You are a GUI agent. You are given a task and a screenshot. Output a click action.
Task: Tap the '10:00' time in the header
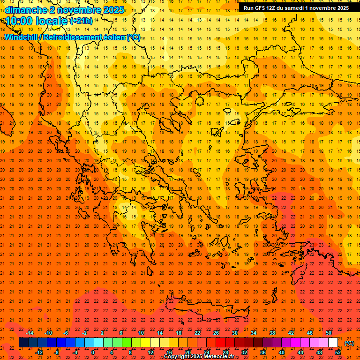click(20, 21)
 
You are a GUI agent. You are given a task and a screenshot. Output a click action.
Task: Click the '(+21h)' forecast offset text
click(81, 21)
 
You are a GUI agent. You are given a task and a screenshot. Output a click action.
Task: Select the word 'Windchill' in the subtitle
click(21, 37)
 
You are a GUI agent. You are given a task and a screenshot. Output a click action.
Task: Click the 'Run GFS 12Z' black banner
click(296, 8)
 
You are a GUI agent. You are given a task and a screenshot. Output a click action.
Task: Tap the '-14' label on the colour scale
click(30, 333)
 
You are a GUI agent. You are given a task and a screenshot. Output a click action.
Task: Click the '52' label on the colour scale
click(338, 352)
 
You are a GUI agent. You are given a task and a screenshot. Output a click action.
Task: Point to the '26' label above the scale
click(216, 333)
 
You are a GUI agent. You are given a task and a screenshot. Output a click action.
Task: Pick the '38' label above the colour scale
click(272, 333)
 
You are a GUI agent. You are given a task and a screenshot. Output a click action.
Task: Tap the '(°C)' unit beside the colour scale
click(349, 343)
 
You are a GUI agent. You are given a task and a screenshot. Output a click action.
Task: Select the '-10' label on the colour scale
click(48, 333)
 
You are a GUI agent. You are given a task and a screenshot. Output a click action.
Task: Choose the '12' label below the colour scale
click(150, 352)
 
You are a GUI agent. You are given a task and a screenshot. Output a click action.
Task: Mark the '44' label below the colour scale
click(300, 352)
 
